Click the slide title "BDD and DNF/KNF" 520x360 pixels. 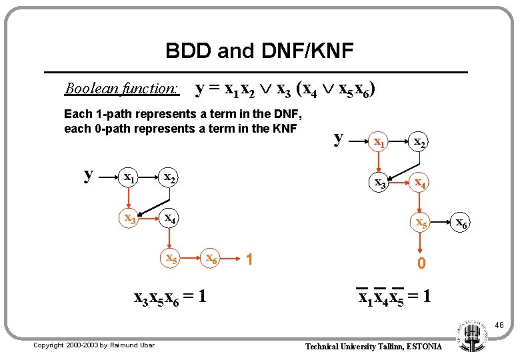(259, 51)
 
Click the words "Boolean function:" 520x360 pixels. (121, 88)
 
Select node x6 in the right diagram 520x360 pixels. (461, 223)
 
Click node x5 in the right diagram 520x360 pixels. (421, 223)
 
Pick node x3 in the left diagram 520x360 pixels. (130, 218)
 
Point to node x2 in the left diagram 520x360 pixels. (171, 178)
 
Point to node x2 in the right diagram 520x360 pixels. (421, 141)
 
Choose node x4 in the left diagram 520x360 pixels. (171, 218)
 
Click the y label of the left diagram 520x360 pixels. (89, 175)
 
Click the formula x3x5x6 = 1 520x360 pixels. (170, 296)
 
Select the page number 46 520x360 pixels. (498, 323)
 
